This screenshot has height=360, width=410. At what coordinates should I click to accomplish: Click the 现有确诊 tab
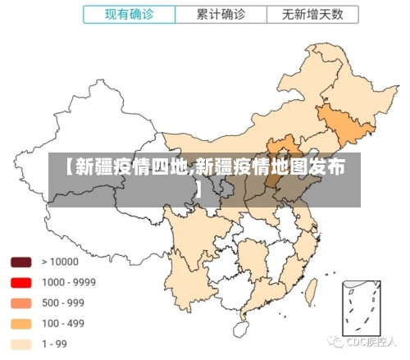coord(129,15)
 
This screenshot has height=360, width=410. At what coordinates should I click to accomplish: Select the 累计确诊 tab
coord(221,15)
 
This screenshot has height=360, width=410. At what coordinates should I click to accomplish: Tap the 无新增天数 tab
coord(312,15)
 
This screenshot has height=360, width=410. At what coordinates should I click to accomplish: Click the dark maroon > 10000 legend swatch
coord(21,262)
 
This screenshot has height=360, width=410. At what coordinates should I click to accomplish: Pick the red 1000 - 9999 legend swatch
coord(21,283)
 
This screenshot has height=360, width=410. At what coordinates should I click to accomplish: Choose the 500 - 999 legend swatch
coord(21,303)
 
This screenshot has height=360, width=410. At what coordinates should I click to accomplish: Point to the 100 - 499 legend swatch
coord(21,324)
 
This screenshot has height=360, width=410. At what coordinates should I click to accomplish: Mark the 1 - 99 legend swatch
coord(21,344)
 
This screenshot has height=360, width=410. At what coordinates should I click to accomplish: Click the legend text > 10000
coord(60,262)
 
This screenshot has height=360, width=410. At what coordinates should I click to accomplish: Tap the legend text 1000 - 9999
coord(69,283)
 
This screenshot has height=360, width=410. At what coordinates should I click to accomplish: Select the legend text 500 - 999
coord(64,303)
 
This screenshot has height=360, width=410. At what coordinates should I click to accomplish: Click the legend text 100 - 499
coord(64,324)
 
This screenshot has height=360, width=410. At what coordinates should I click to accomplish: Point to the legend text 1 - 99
coord(55,344)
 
